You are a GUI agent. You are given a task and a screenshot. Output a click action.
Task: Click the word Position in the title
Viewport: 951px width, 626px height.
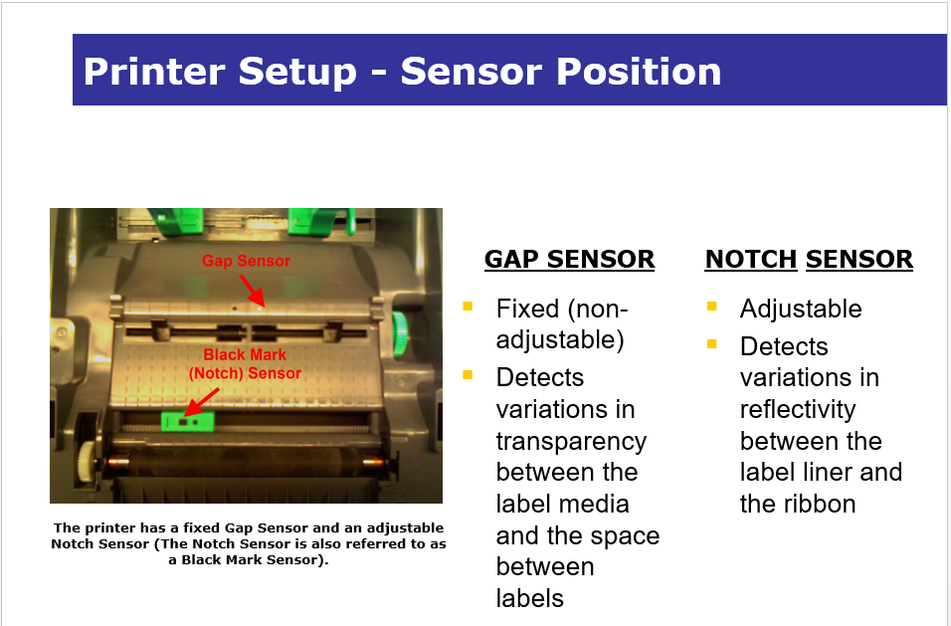point(639,72)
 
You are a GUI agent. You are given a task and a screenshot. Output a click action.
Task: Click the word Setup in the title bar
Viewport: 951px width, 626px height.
point(297,73)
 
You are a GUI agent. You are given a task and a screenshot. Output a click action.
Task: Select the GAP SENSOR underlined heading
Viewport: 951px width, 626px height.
point(570,259)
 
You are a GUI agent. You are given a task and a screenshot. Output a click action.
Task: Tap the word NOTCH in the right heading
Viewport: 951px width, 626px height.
point(751,259)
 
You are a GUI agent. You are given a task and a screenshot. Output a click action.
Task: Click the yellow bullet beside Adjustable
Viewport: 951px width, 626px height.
point(712,306)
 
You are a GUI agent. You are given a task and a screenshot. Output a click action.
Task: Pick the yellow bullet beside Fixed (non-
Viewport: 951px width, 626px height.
point(468,306)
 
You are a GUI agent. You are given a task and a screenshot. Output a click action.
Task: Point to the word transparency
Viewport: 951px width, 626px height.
point(571,441)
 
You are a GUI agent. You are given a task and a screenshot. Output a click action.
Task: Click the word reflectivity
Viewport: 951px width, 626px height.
point(798,409)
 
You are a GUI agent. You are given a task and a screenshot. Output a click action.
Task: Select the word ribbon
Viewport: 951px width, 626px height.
point(819,504)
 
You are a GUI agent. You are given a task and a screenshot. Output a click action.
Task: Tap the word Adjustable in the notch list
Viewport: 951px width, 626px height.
point(801,309)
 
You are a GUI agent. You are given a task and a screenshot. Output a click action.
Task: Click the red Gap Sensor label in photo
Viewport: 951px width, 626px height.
point(247,261)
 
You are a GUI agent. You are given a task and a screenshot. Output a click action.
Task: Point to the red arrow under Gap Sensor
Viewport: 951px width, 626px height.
point(253,292)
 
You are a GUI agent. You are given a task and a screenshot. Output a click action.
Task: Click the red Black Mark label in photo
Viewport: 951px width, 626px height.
point(245,354)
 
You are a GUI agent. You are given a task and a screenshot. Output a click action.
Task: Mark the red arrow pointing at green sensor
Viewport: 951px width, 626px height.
point(201,402)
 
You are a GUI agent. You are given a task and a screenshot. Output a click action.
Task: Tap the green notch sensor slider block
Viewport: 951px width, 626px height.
point(187,421)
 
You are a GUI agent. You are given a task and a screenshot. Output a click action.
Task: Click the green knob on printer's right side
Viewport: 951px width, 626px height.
point(400,334)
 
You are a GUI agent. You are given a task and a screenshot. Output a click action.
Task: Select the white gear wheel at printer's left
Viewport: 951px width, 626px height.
point(88,462)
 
